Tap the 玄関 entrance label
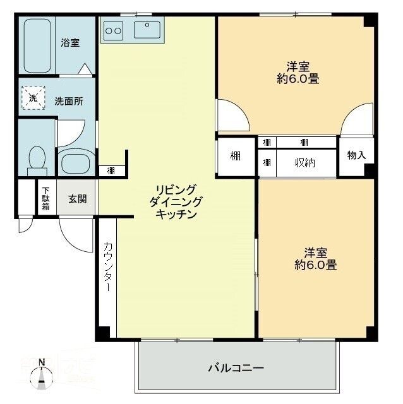point(77,198)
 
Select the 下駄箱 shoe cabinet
point(46,198)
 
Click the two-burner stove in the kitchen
point(114,29)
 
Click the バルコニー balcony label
point(236,367)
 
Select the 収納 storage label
point(305,163)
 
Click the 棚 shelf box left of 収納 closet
point(235,156)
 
